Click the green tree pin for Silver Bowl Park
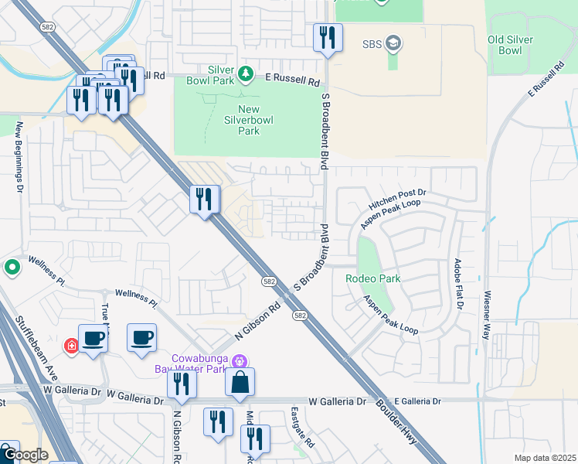246,74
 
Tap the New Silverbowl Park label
239,120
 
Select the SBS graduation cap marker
393,43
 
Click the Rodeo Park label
373,278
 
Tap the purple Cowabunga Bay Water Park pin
240,361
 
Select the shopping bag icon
240,382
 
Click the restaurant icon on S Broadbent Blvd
328,37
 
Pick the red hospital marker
70,345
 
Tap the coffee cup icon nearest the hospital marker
93,338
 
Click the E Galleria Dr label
417,401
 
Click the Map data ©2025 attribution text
544,458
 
